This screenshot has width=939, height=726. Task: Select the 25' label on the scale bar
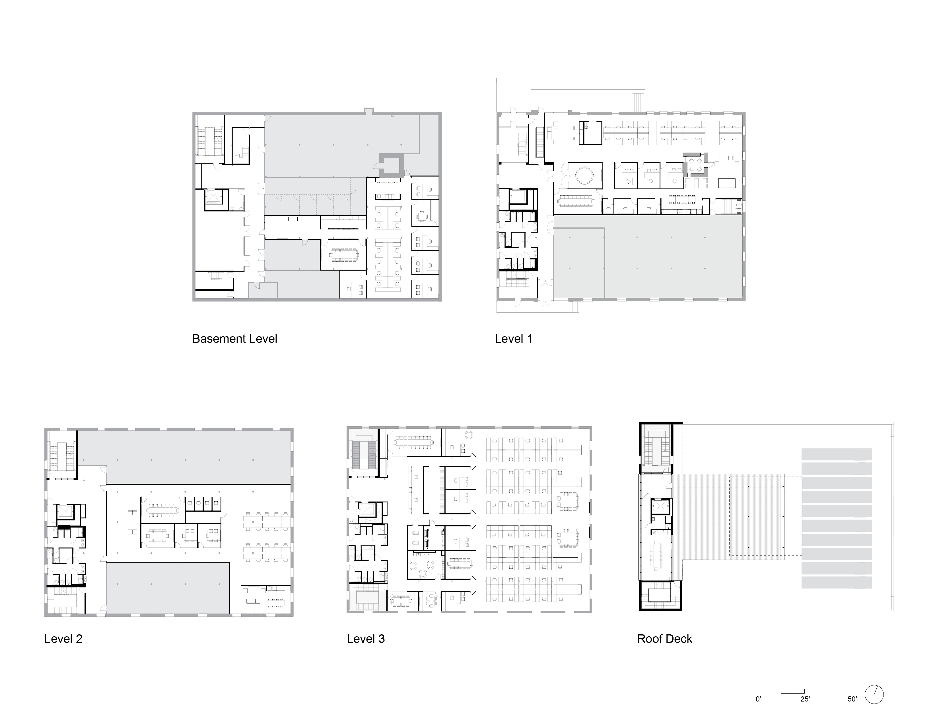805,699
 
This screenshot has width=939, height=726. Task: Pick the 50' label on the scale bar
852,699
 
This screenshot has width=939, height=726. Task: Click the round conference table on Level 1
584,176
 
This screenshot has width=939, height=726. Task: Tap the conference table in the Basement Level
344,254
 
